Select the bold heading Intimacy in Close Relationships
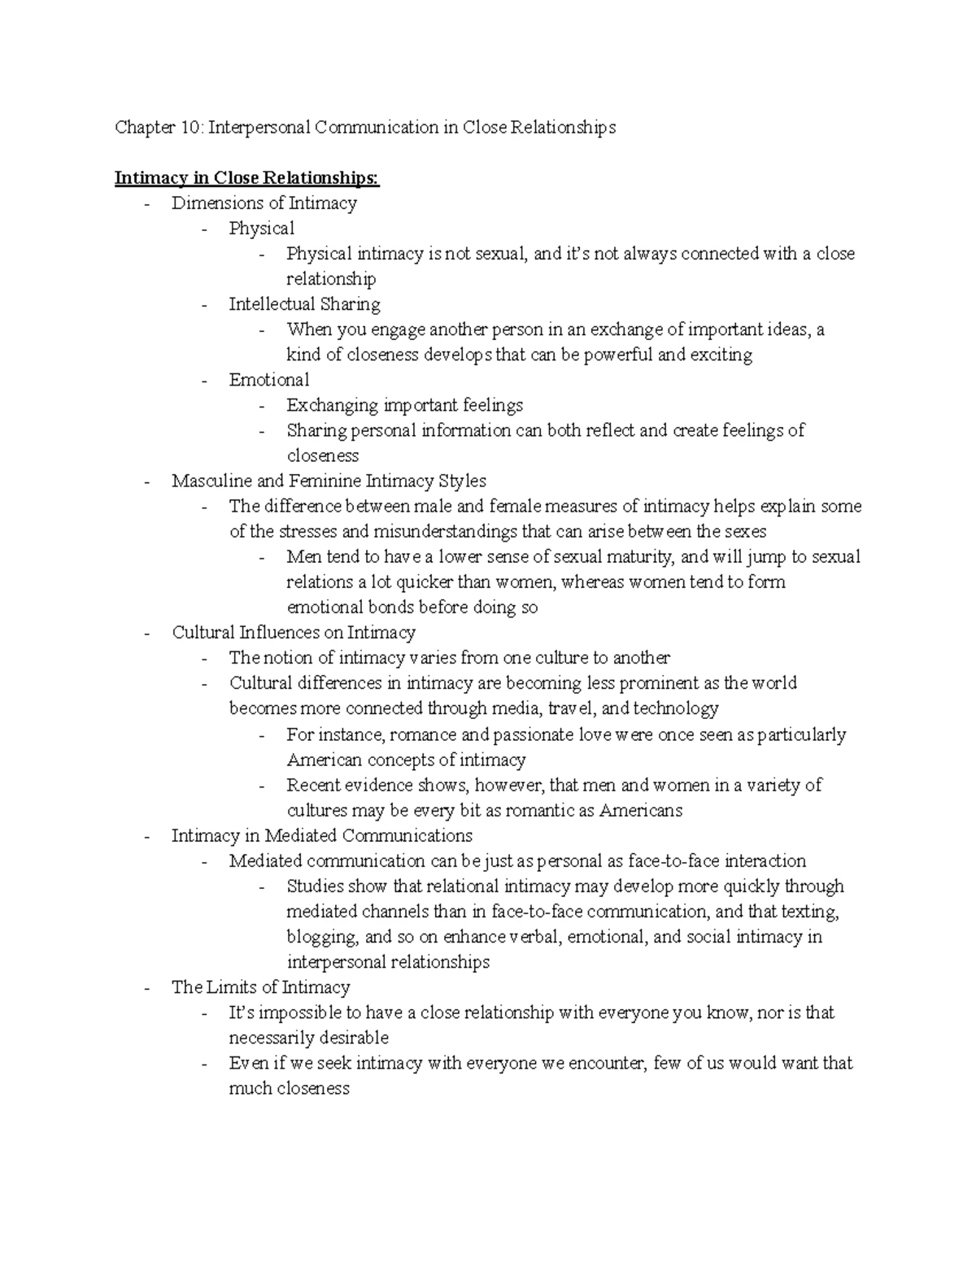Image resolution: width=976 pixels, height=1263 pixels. coord(246,178)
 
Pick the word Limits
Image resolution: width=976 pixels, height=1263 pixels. coord(232,987)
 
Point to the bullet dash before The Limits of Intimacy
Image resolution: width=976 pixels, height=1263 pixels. coord(146,988)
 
